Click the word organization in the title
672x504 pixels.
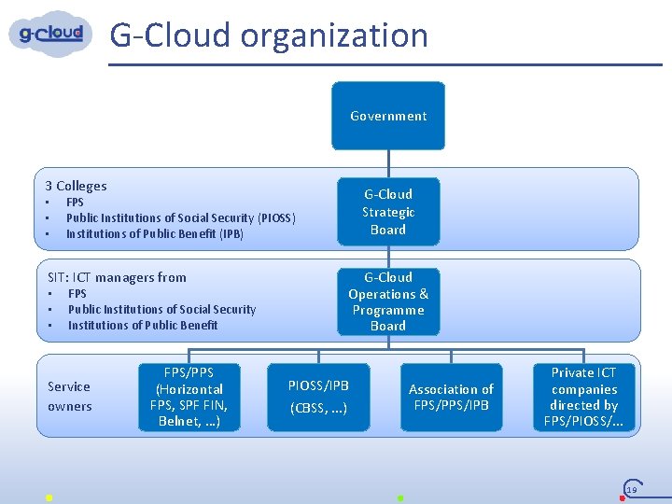coord(334,35)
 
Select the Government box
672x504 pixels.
coord(388,116)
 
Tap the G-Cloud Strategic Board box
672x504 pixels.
coord(388,212)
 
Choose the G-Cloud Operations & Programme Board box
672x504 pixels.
coord(388,301)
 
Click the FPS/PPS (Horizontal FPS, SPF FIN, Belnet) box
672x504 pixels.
coord(189,397)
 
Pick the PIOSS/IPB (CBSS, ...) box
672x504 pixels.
coord(318,397)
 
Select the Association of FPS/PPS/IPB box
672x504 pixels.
coord(451,397)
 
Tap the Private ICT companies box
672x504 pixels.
coord(584,397)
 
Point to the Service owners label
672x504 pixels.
coord(70,396)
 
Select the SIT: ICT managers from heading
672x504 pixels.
coord(117,277)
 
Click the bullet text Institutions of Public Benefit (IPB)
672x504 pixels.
coord(155,233)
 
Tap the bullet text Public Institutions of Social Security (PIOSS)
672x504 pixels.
coord(181,217)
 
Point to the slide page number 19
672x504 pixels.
coord(632,489)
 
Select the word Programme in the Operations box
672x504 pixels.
coord(388,310)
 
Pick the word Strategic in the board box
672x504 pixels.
coord(388,212)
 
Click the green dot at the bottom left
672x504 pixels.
coord(49,497)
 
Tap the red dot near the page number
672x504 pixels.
coord(622,497)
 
